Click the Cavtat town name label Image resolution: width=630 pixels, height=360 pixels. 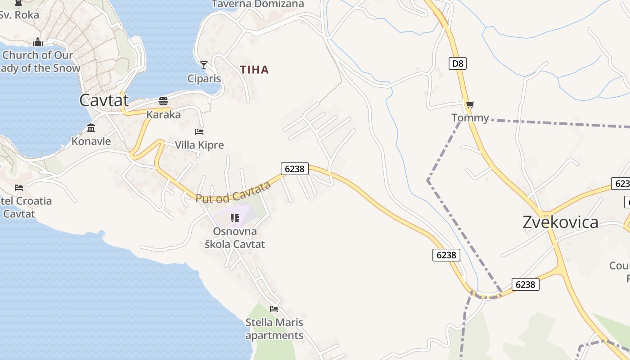pos(104,100)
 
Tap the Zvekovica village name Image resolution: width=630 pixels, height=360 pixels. pos(560,222)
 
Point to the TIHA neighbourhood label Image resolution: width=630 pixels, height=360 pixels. pos(254,70)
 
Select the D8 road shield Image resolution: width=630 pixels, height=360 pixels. pos(457,63)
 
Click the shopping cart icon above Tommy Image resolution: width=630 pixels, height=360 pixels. pos(470,105)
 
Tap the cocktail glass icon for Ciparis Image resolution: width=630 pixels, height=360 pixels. pos(204,65)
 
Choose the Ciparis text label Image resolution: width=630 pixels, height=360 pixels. pos(204,79)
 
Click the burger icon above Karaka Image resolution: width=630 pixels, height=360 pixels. pos(163,101)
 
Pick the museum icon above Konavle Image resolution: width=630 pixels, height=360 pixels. pos(91,128)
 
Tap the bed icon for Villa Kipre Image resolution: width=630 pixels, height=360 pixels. pos(199,132)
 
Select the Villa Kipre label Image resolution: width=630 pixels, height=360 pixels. pos(199,145)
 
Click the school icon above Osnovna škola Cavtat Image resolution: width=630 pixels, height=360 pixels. pos(234,218)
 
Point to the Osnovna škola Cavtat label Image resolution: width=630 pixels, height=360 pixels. pos(234,238)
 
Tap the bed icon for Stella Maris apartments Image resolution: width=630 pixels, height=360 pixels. pos(274,309)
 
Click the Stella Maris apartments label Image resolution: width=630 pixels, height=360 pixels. pos(274,329)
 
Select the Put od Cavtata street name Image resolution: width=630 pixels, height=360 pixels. pos(233,192)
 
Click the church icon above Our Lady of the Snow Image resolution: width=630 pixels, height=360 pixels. pos(37,42)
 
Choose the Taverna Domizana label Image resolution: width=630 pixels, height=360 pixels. pos(258,4)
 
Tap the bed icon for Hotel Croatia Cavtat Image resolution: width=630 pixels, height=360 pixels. pos(19,188)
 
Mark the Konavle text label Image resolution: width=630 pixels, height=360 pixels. pos(91,141)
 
